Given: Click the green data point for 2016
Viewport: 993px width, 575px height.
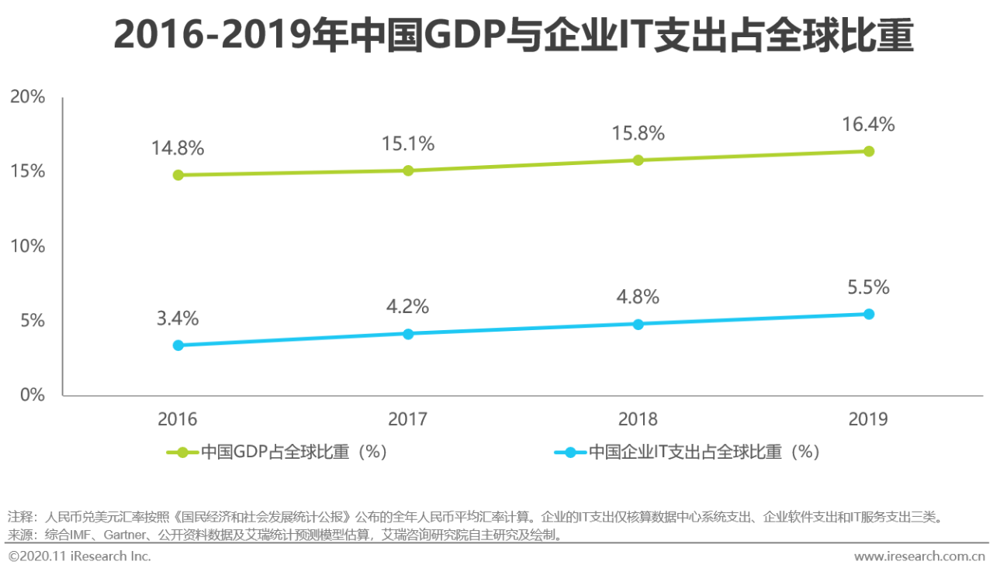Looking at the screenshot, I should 178,175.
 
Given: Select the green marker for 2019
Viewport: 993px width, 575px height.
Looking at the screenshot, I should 869,151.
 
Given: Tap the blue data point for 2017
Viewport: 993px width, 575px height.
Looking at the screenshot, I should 408,334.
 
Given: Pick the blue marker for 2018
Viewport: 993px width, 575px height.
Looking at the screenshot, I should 638,324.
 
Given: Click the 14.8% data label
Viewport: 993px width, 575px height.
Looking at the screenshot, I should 178,148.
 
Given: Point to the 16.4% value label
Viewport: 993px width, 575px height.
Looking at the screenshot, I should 868,124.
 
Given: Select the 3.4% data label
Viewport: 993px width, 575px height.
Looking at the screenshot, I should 178,318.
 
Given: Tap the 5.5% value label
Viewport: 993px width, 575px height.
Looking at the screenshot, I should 868,287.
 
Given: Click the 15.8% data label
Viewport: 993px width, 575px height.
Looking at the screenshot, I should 638,133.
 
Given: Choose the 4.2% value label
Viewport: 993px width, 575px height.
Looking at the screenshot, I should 408,307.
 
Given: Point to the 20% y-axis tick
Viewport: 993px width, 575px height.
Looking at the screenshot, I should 27,97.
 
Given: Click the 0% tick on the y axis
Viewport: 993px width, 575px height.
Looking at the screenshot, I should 32,395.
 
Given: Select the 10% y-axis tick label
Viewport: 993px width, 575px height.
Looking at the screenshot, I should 27,246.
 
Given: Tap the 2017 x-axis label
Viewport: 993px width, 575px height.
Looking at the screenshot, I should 408,419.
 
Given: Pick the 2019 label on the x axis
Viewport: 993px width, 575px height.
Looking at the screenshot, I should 868,419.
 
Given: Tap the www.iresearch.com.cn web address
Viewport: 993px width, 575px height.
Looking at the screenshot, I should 919,556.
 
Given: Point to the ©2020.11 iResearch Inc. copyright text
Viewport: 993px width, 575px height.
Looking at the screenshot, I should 80,556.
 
